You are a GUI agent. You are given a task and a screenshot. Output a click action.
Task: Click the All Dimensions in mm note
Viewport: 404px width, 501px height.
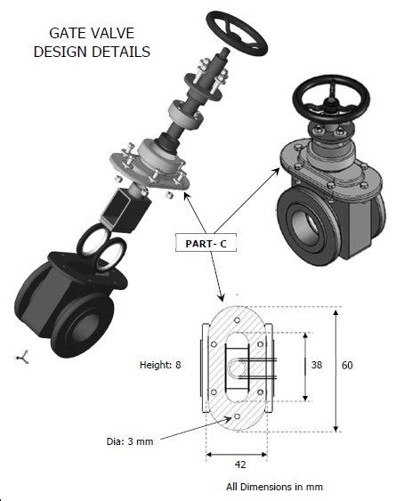tap(274, 487)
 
